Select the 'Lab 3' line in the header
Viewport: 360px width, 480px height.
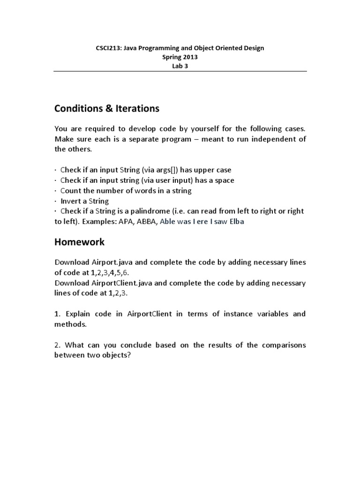click(180, 66)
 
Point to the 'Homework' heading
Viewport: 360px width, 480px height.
click(80, 242)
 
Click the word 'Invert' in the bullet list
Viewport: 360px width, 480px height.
click(71, 201)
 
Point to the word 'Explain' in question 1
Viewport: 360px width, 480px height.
click(77, 314)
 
